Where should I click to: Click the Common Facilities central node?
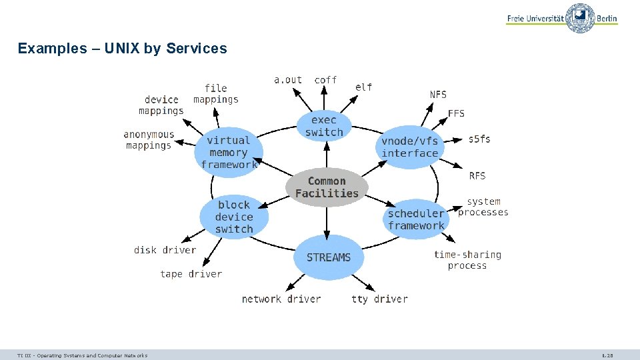(327, 187)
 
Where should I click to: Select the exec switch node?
(324, 126)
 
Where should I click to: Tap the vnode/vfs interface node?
(410, 147)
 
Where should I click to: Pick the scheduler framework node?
(416, 219)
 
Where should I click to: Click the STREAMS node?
(328, 257)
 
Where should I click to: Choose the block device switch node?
(234, 217)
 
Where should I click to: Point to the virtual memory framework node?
(229, 152)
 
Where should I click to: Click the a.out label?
(288, 80)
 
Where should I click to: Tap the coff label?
(325, 80)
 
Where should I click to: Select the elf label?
(363, 87)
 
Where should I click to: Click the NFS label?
(438, 95)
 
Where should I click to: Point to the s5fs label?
(479, 139)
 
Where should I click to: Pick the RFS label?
(477, 176)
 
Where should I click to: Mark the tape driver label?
(191, 274)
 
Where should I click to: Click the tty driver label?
(379, 299)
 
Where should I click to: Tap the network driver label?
(281, 299)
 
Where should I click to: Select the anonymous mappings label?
(149, 140)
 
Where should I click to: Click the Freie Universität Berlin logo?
(562, 18)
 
